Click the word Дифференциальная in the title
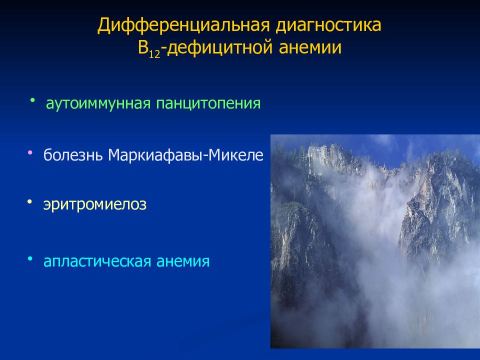(183, 25)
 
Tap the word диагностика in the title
(328, 25)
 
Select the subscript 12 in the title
(154, 54)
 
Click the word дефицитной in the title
(220, 48)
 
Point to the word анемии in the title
(310, 48)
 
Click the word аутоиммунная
(98, 103)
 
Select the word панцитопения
(208, 103)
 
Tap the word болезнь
(73, 154)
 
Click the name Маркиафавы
(155, 155)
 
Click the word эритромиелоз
(95, 204)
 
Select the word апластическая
(97, 261)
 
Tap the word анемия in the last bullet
(183, 261)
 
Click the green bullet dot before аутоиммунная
(32, 100)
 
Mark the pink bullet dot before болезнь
(30, 152)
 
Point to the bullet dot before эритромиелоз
(29, 201)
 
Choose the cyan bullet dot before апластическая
(30, 258)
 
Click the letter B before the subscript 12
(143, 48)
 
